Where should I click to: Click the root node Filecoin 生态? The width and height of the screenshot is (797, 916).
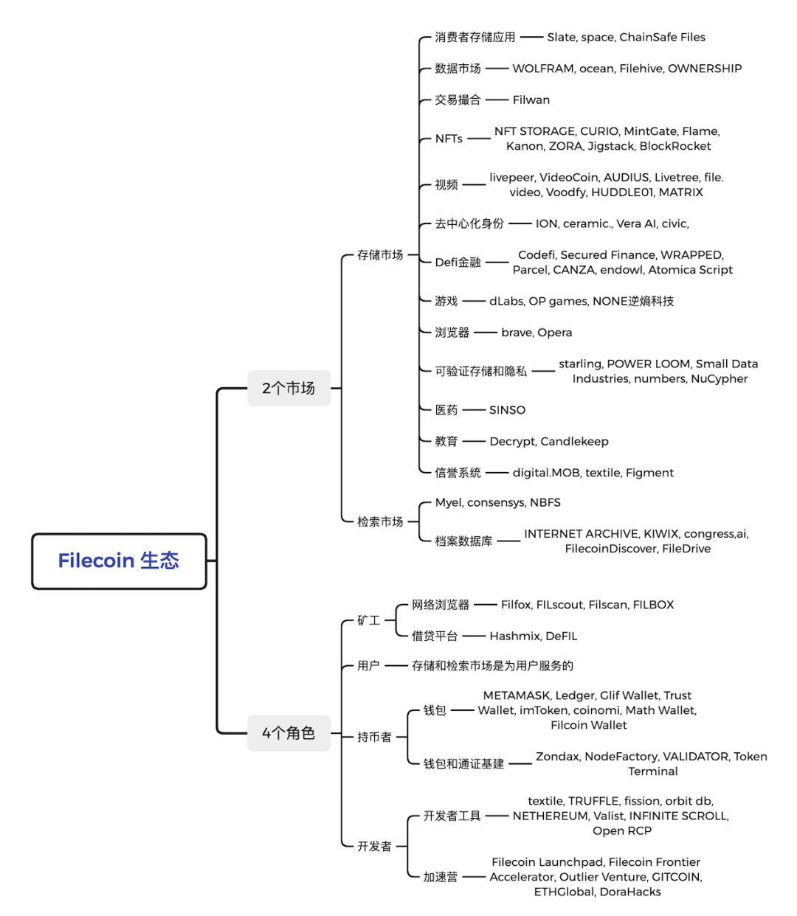pos(119,561)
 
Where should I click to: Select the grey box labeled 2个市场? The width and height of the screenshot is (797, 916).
pos(289,388)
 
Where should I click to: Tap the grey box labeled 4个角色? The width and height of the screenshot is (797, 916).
pos(289,733)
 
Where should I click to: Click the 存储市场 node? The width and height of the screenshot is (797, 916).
pos(380,254)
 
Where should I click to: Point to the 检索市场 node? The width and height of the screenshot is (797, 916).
pos(380,521)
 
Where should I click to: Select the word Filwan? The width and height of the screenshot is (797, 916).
pos(531,100)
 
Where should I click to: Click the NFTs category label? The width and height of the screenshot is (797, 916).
pos(449,139)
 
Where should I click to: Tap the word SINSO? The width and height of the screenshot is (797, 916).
pos(507,410)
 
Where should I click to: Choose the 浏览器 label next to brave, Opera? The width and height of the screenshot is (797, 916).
pos(452,333)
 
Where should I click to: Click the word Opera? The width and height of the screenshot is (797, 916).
pos(555,333)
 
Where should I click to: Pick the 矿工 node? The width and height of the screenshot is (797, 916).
pos(368,620)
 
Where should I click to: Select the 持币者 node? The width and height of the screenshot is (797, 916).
pos(374,737)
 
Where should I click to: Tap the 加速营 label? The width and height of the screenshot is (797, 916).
pos(441,877)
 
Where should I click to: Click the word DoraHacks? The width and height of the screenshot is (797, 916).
pos(630,892)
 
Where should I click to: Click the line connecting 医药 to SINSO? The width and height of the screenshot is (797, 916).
pos(474,410)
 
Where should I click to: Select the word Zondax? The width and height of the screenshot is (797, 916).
pos(558,756)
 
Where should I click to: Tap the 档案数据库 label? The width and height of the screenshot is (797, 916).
pos(463,541)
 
